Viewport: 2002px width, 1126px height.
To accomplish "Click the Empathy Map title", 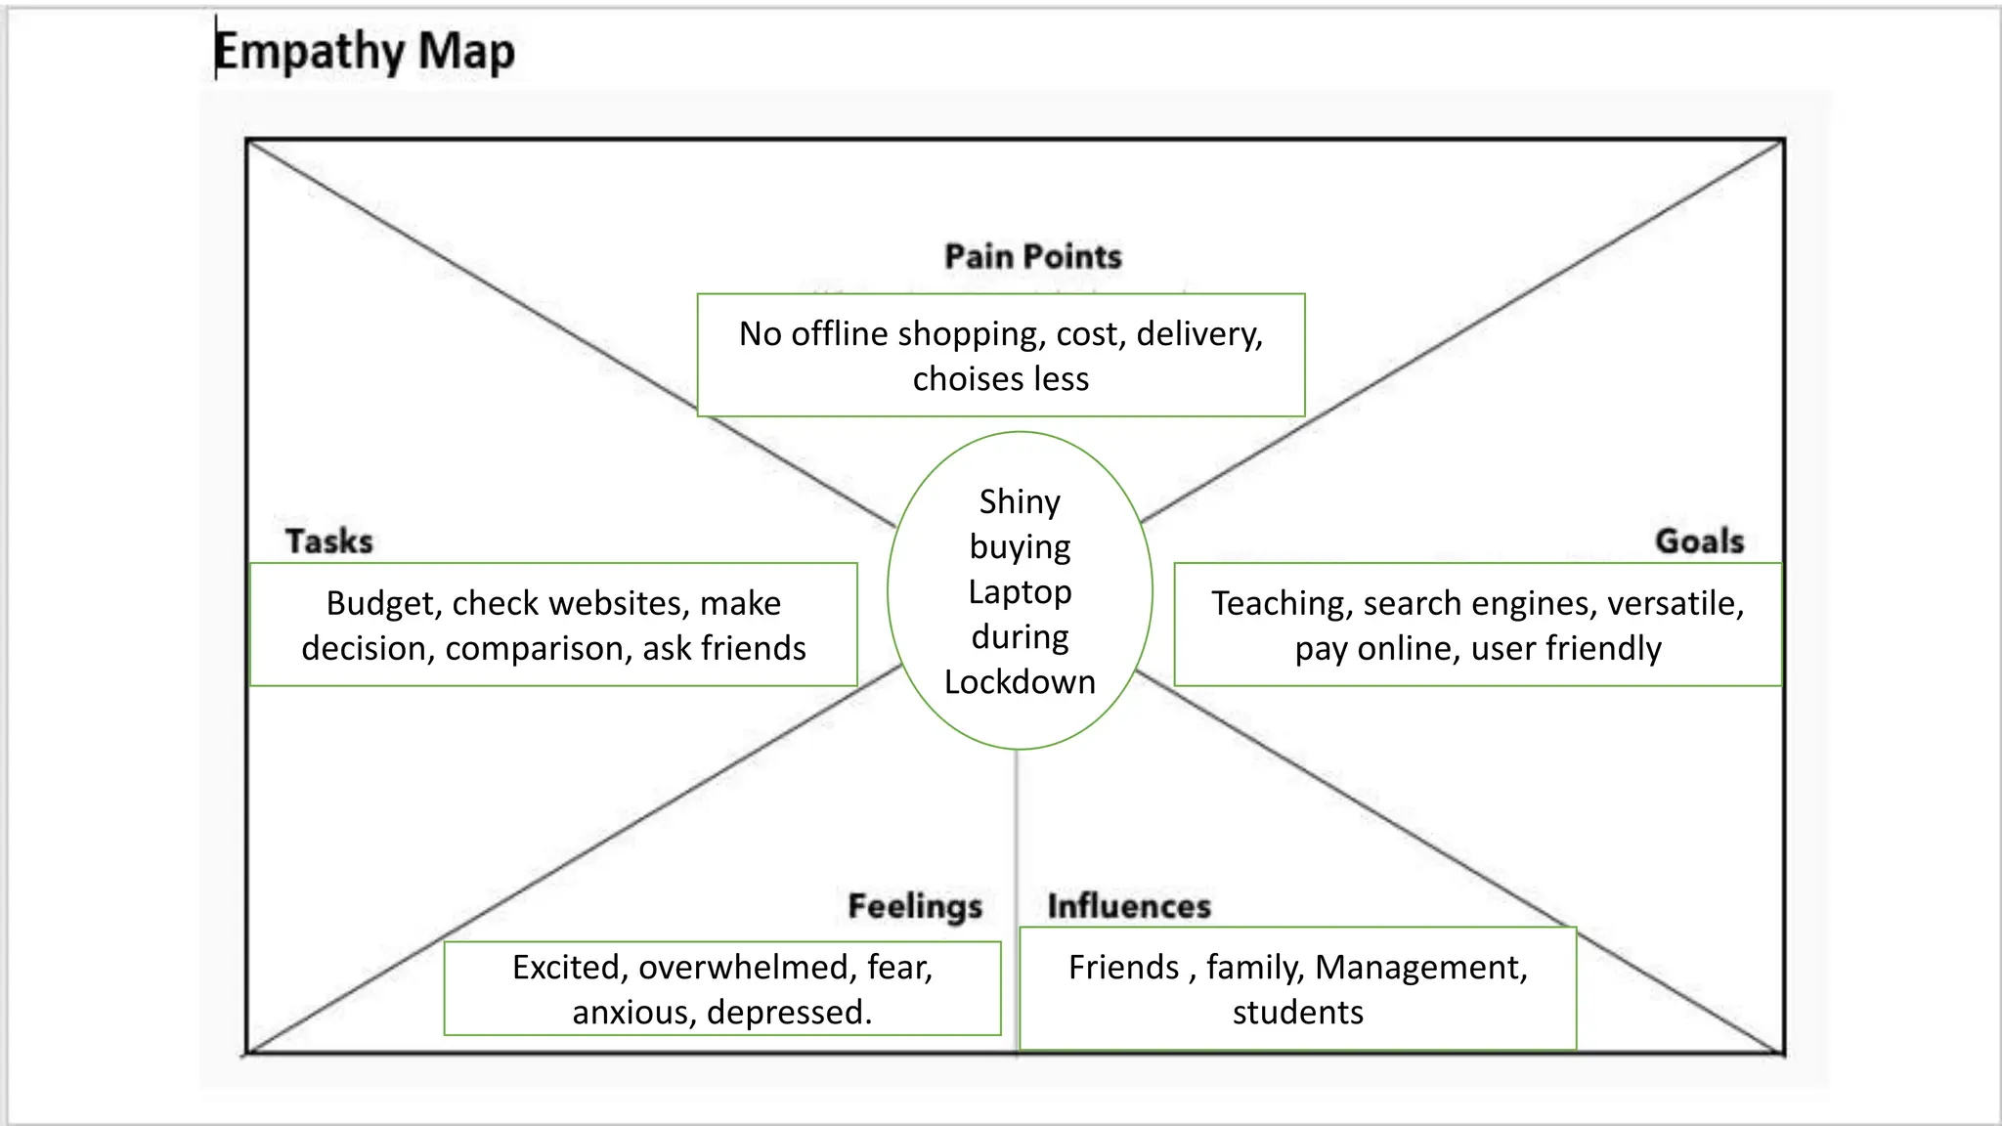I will pos(364,52).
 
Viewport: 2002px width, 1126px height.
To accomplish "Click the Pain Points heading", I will pos(1032,256).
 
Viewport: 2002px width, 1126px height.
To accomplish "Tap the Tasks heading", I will pos(328,541).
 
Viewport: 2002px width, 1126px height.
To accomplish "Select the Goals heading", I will pos(1699,541).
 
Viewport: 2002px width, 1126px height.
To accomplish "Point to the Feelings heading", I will pos(914,906).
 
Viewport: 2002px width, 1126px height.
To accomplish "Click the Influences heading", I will pos(1129,906).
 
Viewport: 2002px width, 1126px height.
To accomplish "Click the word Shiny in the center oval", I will pos(1020,501).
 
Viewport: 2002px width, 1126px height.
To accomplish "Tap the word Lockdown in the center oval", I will pos(1020,681).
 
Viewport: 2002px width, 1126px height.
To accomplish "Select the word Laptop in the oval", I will pos(1020,591).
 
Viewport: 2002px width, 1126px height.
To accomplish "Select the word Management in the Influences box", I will pos(1420,967).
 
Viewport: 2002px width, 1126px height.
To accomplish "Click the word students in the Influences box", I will pos(1297,1012).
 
